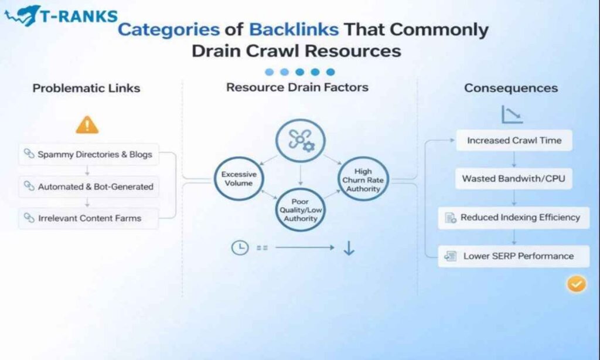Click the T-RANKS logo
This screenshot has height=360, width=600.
[62, 16]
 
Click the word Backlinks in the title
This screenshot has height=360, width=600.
[294, 29]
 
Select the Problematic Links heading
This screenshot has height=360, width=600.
[86, 89]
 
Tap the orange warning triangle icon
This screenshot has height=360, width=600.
[87, 125]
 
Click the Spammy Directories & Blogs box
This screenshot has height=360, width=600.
[88, 155]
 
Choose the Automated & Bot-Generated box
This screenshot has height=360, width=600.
[88, 186]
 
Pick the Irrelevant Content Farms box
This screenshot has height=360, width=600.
[88, 218]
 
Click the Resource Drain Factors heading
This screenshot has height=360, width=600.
[297, 87]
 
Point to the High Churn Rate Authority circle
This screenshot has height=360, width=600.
[363, 180]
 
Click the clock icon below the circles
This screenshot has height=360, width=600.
[240, 248]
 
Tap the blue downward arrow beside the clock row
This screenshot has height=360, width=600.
[349, 249]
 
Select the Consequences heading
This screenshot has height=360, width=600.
[511, 89]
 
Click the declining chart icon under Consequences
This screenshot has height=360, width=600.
[512, 115]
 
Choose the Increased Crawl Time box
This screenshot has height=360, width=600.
[514, 141]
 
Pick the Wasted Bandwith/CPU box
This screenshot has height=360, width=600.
[513, 178]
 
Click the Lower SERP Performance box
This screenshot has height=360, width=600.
[513, 256]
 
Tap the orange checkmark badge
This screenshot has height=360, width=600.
[577, 284]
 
